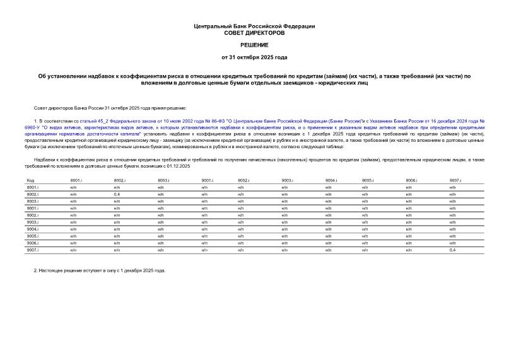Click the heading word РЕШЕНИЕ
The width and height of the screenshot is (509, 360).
click(254, 45)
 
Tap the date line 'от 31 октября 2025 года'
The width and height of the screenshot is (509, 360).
click(254, 58)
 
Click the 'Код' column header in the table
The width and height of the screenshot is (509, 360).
click(30, 180)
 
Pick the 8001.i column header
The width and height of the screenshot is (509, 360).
click(76, 180)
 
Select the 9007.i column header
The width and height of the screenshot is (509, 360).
click(455, 180)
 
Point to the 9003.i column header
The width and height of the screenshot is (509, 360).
click(288, 180)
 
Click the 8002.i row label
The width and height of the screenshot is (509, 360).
click(33, 194)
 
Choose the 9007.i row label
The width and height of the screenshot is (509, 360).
click(33, 250)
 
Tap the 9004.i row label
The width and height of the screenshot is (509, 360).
click(33, 229)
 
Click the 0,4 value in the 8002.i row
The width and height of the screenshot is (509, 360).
click(117, 194)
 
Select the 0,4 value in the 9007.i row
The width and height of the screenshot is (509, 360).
click(452, 250)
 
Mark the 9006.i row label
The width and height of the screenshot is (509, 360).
click(33, 243)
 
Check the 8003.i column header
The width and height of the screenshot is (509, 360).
click(163, 180)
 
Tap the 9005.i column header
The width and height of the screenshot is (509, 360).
click(368, 180)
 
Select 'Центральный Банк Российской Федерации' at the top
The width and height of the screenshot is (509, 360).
click(254, 26)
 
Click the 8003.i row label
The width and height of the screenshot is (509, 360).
click(33, 201)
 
